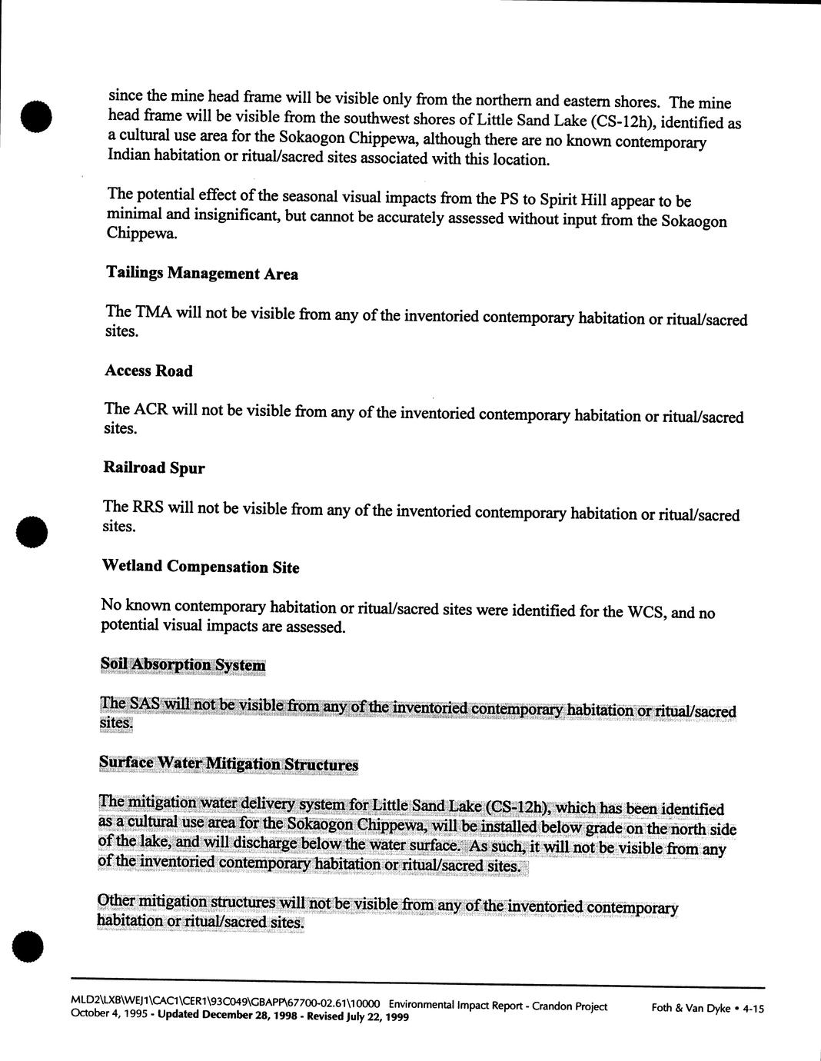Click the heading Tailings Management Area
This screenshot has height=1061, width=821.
coord(201,274)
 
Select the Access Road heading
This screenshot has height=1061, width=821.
coord(148,371)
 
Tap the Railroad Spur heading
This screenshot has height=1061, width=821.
coord(154,467)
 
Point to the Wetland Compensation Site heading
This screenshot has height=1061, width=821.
coord(200,567)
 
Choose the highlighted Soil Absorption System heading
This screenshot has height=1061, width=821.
coord(183,665)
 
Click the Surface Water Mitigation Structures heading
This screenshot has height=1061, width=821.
coord(228,763)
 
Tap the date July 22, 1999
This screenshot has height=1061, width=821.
coord(377,1016)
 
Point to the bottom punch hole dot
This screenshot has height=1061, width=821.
coord(28,946)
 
